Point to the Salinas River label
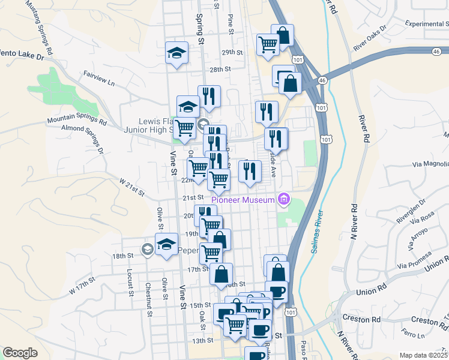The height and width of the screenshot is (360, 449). (x=318, y=232)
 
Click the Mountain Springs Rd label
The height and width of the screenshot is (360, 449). (x=77, y=122)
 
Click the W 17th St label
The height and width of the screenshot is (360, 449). (x=82, y=284)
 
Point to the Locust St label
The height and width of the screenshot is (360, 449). (x=129, y=282)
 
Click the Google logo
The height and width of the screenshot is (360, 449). (x=19, y=353)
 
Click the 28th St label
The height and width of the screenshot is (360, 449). (x=220, y=70)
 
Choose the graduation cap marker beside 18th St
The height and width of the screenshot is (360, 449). (x=166, y=244)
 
